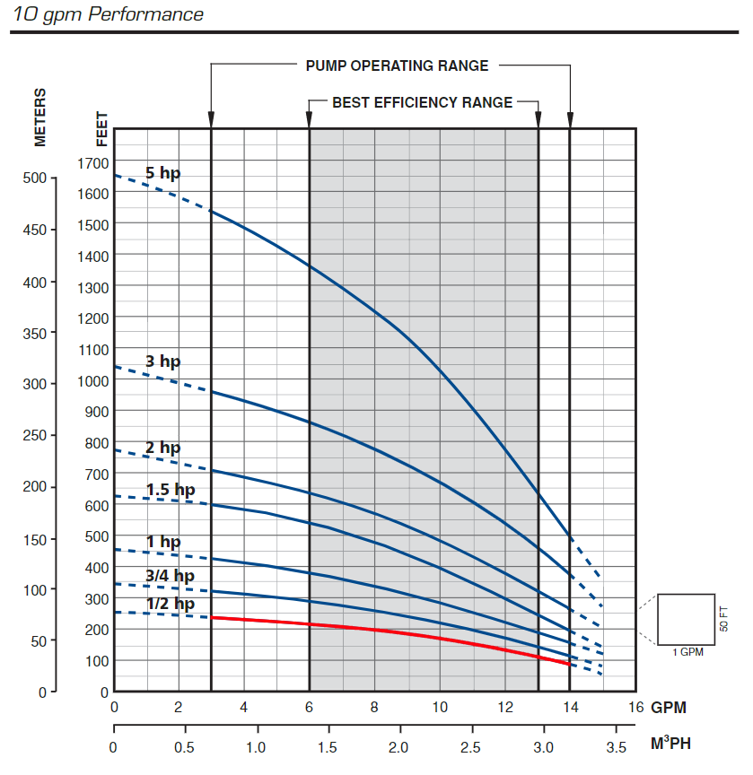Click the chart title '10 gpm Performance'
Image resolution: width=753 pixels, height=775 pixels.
click(x=109, y=14)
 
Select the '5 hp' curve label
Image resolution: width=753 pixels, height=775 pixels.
click(x=162, y=173)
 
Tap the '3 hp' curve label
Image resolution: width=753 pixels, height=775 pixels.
click(x=162, y=361)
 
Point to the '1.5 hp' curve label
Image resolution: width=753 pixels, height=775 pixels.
click(x=171, y=490)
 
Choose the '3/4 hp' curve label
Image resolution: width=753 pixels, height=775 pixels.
click(x=170, y=575)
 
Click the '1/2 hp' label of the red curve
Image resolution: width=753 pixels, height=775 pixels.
click(x=170, y=604)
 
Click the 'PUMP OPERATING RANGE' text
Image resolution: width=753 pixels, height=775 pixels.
click(x=397, y=65)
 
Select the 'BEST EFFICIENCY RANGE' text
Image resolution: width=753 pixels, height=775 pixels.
click(x=423, y=102)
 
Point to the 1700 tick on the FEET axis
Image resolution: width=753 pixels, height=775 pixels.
click(x=93, y=162)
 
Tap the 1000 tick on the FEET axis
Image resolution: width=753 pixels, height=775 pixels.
click(x=93, y=380)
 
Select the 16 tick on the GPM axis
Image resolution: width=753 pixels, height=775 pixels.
click(x=636, y=707)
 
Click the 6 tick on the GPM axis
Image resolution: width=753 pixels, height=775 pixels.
click(x=310, y=707)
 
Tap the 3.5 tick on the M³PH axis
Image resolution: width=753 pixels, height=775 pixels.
click(x=615, y=747)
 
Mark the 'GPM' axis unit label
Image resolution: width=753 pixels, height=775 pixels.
click(x=669, y=707)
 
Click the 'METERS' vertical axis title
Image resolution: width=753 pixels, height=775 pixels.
click(x=40, y=117)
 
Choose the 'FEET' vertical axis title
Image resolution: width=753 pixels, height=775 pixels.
click(x=101, y=128)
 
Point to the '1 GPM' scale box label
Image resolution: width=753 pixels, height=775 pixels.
click(x=687, y=651)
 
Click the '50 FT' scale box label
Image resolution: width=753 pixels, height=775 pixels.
click(x=724, y=619)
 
